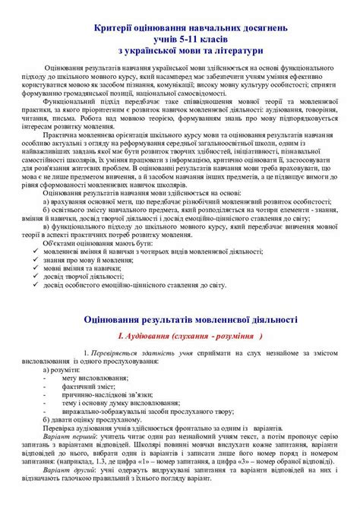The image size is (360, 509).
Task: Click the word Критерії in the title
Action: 115,27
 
